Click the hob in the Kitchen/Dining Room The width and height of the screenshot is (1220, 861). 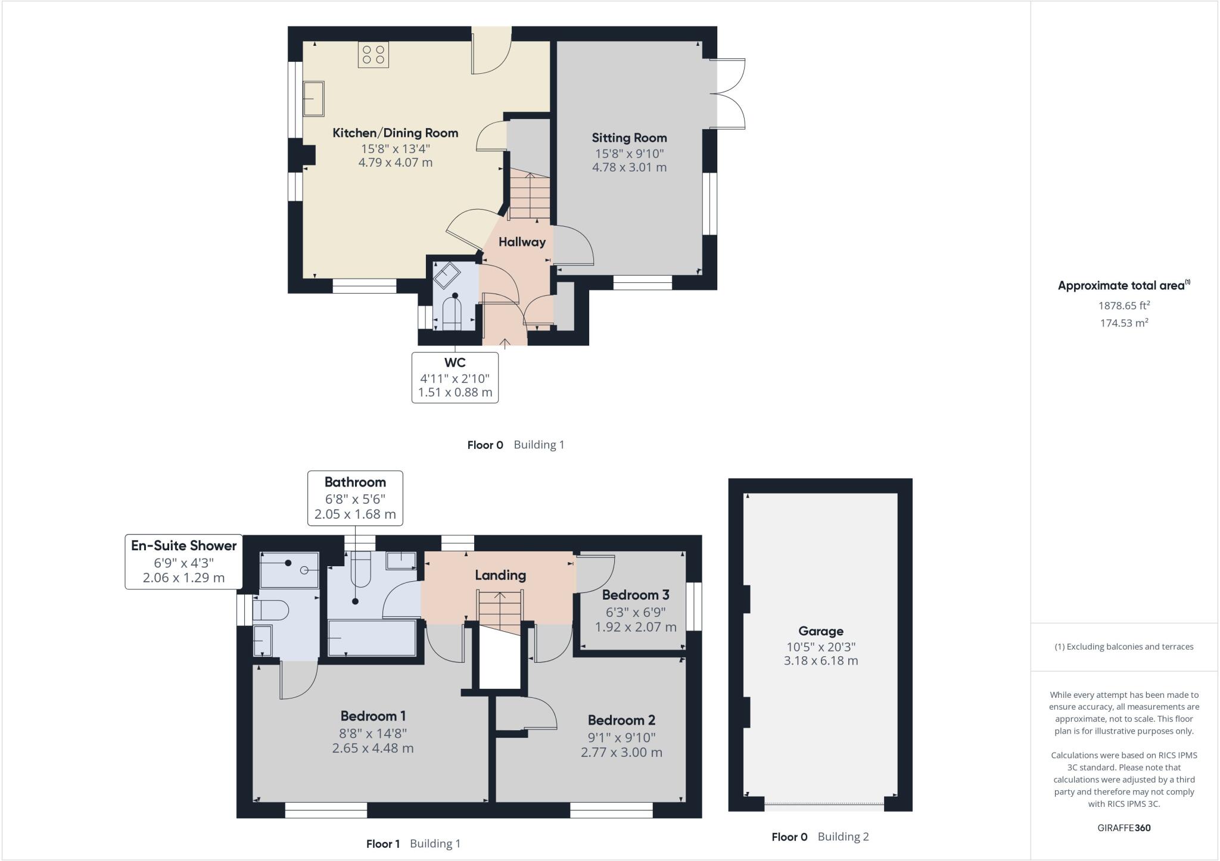(374, 55)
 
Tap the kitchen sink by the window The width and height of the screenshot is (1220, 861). (313, 99)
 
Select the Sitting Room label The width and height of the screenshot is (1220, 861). (629, 138)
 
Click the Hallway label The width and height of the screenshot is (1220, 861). (522, 242)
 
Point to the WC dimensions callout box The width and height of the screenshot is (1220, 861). (455, 378)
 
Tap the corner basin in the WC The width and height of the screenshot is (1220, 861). (446, 276)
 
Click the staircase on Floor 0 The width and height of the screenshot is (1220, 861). (529, 195)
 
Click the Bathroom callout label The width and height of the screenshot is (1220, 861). (355, 482)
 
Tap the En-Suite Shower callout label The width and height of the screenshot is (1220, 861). (183, 545)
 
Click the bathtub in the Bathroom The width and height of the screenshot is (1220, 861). (372, 638)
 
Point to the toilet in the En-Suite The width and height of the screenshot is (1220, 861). (271, 611)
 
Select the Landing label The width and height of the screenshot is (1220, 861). (500, 575)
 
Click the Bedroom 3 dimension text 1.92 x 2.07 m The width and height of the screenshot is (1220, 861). (636, 627)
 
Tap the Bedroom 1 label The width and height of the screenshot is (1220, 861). (373, 716)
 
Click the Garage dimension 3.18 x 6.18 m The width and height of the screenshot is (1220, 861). (820, 661)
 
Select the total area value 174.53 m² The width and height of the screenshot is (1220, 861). (1123, 323)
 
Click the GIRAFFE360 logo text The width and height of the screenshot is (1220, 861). (1123, 828)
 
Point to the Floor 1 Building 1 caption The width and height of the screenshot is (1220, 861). (413, 844)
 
